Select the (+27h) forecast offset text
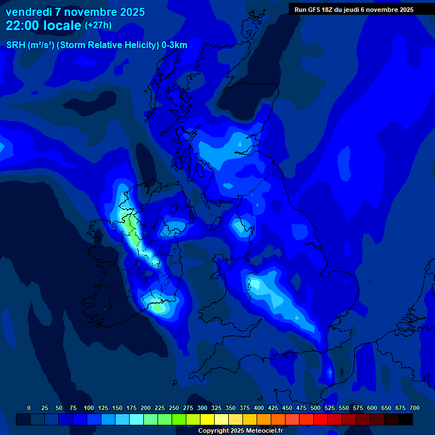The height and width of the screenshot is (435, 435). [98, 25]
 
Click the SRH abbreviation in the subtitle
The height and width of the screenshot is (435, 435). [15, 45]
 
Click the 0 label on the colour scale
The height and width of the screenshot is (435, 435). [29, 408]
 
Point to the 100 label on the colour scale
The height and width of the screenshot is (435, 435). [89, 408]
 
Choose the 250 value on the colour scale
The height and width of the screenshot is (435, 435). [174, 408]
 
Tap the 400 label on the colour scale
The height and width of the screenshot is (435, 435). [259, 408]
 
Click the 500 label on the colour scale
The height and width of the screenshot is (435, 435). [315, 408]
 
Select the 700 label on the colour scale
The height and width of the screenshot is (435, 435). [415, 408]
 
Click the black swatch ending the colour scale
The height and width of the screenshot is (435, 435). [405, 419]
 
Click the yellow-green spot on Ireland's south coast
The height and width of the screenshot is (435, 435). [158, 308]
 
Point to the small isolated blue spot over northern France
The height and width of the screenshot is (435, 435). [330, 373]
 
